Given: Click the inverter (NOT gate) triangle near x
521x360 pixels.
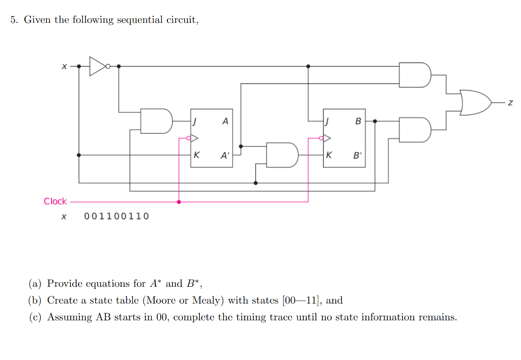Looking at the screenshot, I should point(98,66).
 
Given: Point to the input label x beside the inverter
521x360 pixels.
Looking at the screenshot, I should point(64,66).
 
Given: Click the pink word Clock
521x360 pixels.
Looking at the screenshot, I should point(55,201).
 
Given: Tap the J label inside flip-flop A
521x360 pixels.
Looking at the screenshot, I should point(195,122).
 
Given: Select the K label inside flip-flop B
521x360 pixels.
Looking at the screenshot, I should point(329,156).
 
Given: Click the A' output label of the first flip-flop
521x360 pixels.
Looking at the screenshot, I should point(224,156).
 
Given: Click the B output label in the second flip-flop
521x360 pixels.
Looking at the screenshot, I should point(358,122).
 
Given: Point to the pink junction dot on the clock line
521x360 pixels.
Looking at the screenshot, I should point(178,202).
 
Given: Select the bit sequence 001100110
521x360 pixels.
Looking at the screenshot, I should point(117,217).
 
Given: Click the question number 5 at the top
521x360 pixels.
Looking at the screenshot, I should point(14,20).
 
